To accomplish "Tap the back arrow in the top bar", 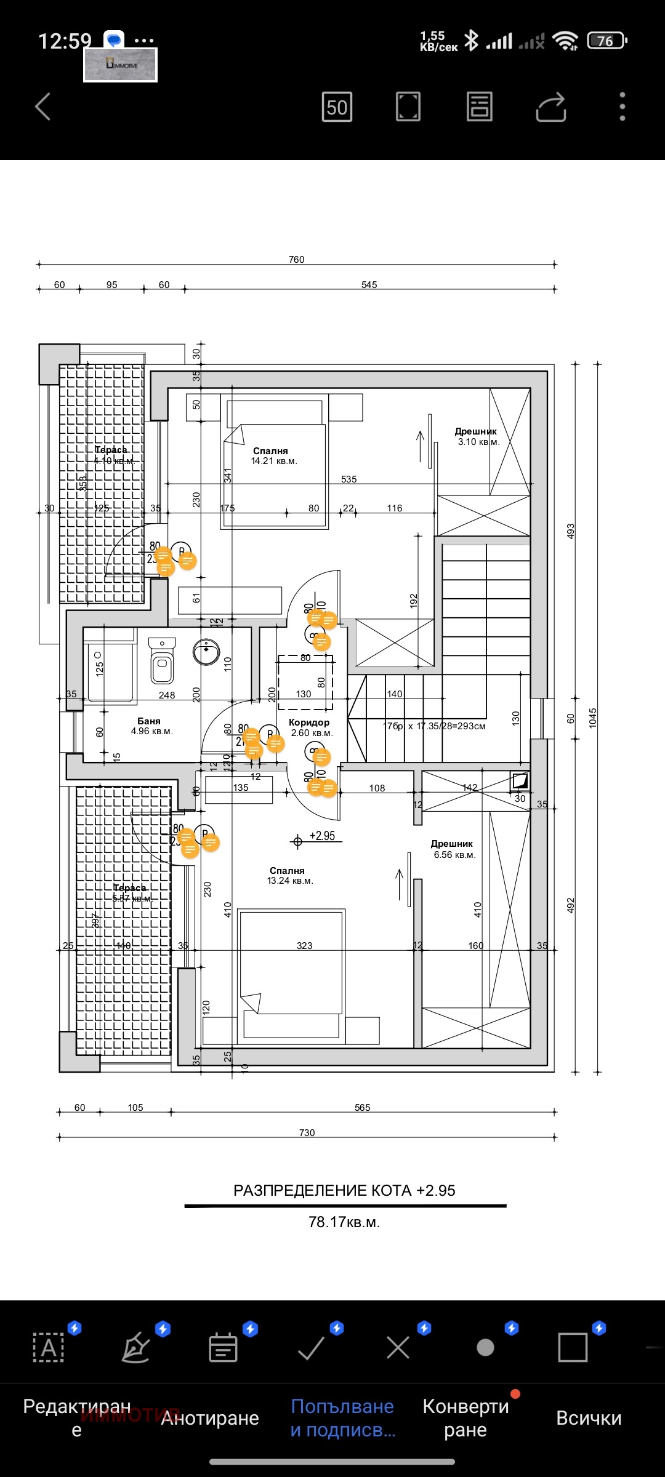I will (42, 107).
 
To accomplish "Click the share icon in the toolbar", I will (550, 107).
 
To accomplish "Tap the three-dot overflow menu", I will (623, 107).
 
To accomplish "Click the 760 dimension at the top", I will (297, 260).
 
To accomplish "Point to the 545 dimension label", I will (369, 285).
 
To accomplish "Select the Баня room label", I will (149, 721).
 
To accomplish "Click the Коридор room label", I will (309, 722).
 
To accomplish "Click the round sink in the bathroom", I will (206, 652).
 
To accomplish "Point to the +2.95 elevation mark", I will (322, 836).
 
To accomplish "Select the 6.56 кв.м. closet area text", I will (454, 855).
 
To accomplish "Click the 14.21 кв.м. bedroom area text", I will (274, 461).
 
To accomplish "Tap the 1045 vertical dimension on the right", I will (593, 718).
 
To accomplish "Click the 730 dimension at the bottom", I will (307, 1133).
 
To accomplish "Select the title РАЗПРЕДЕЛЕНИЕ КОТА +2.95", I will (344, 1190).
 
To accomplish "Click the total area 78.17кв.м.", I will (344, 1222).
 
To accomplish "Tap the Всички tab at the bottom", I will (589, 1418).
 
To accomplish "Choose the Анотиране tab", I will (210, 1418).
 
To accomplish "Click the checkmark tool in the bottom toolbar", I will (311, 1348).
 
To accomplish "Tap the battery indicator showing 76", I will (607, 41).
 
